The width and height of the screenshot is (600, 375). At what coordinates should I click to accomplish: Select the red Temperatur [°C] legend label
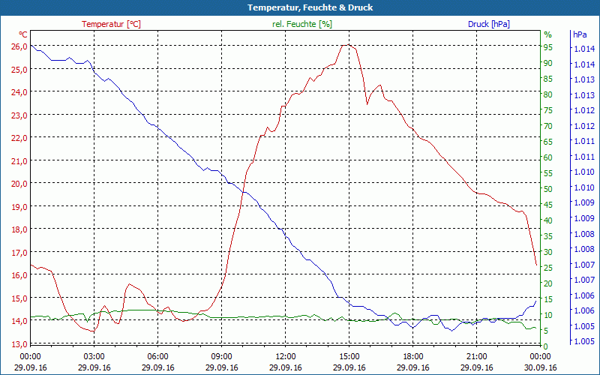(x=111, y=24)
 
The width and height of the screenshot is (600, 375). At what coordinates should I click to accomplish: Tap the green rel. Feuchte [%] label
(x=301, y=24)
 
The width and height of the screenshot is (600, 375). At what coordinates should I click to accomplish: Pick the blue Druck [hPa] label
(x=489, y=24)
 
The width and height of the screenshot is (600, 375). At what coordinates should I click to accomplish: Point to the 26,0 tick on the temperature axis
(x=19, y=46)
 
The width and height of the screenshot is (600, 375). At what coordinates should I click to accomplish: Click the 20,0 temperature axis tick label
(x=19, y=184)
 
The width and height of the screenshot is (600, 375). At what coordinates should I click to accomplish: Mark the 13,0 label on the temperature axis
(x=19, y=344)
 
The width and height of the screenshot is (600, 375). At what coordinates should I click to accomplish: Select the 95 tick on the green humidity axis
(x=548, y=46)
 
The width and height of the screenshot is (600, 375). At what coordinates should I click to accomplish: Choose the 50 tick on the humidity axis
(x=548, y=188)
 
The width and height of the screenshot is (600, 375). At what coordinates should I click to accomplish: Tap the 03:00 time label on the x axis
(x=94, y=356)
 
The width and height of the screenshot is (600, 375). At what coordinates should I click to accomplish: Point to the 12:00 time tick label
(x=286, y=356)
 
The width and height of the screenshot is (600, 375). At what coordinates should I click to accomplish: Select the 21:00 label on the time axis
(x=477, y=356)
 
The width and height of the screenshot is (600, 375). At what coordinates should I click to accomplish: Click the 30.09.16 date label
(x=541, y=367)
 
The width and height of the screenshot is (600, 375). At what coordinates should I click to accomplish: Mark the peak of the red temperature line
(x=346, y=45)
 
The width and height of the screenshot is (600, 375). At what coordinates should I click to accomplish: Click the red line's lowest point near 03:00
(x=92, y=331)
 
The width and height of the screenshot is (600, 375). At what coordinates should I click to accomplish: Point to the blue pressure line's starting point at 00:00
(x=31, y=45)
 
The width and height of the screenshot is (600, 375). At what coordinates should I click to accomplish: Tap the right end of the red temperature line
(x=536, y=264)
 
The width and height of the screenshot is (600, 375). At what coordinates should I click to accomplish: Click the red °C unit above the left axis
(x=23, y=34)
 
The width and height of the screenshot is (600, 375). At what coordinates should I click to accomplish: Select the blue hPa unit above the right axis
(x=580, y=34)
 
